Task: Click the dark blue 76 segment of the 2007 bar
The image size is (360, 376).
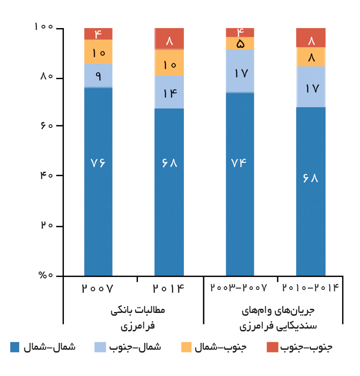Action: tap(98, 182)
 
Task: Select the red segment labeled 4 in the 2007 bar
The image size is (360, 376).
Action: tap(98, 34)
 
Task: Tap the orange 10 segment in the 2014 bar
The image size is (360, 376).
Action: tap(169, 62)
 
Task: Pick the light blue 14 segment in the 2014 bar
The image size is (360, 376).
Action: tap(169, 92)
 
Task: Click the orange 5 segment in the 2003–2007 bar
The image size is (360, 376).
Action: tap(240, 43)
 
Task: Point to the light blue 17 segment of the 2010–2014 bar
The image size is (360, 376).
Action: tap(311, 87)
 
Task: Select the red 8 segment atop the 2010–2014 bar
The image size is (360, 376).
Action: tap(311, 38)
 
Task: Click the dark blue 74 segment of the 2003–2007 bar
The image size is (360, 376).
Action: tap(240, 184)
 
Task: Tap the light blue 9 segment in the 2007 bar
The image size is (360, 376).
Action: tap(98, 75)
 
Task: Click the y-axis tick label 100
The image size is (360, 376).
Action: tap(44, 26)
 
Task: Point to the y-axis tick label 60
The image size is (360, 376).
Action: tap(47, 125)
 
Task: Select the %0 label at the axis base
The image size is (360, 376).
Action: tap(46, 275)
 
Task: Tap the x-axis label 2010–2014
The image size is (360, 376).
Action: tap(311, 288)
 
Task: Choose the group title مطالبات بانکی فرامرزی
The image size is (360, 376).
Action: tap(138, 318)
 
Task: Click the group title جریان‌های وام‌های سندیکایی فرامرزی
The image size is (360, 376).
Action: tap(278, 318)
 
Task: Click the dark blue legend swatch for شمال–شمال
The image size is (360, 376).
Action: tap(15, 347)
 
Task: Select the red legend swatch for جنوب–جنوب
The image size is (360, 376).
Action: tap(272, 347)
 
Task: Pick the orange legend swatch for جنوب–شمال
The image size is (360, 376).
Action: tap(186, 347)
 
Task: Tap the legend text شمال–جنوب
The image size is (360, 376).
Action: tap(135, 347)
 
